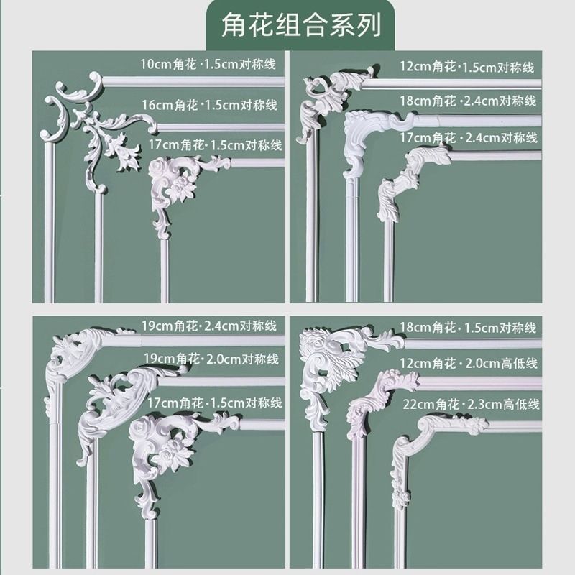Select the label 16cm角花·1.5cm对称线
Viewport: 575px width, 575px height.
pyautogui.click(x=210, y=105)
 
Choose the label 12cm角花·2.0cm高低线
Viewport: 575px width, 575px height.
pyautogui.click(x=470, y=364)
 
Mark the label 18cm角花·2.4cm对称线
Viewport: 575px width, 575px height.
pyautogui.click(x=469, y=101)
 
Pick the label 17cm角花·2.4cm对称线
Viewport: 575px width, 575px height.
pyautogui.click(x=469, y=137)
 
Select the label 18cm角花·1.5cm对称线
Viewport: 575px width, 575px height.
pyautogui.click(x=469, y=328)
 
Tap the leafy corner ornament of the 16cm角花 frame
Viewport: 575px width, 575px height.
pyautogui.click(x=108, y=144)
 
